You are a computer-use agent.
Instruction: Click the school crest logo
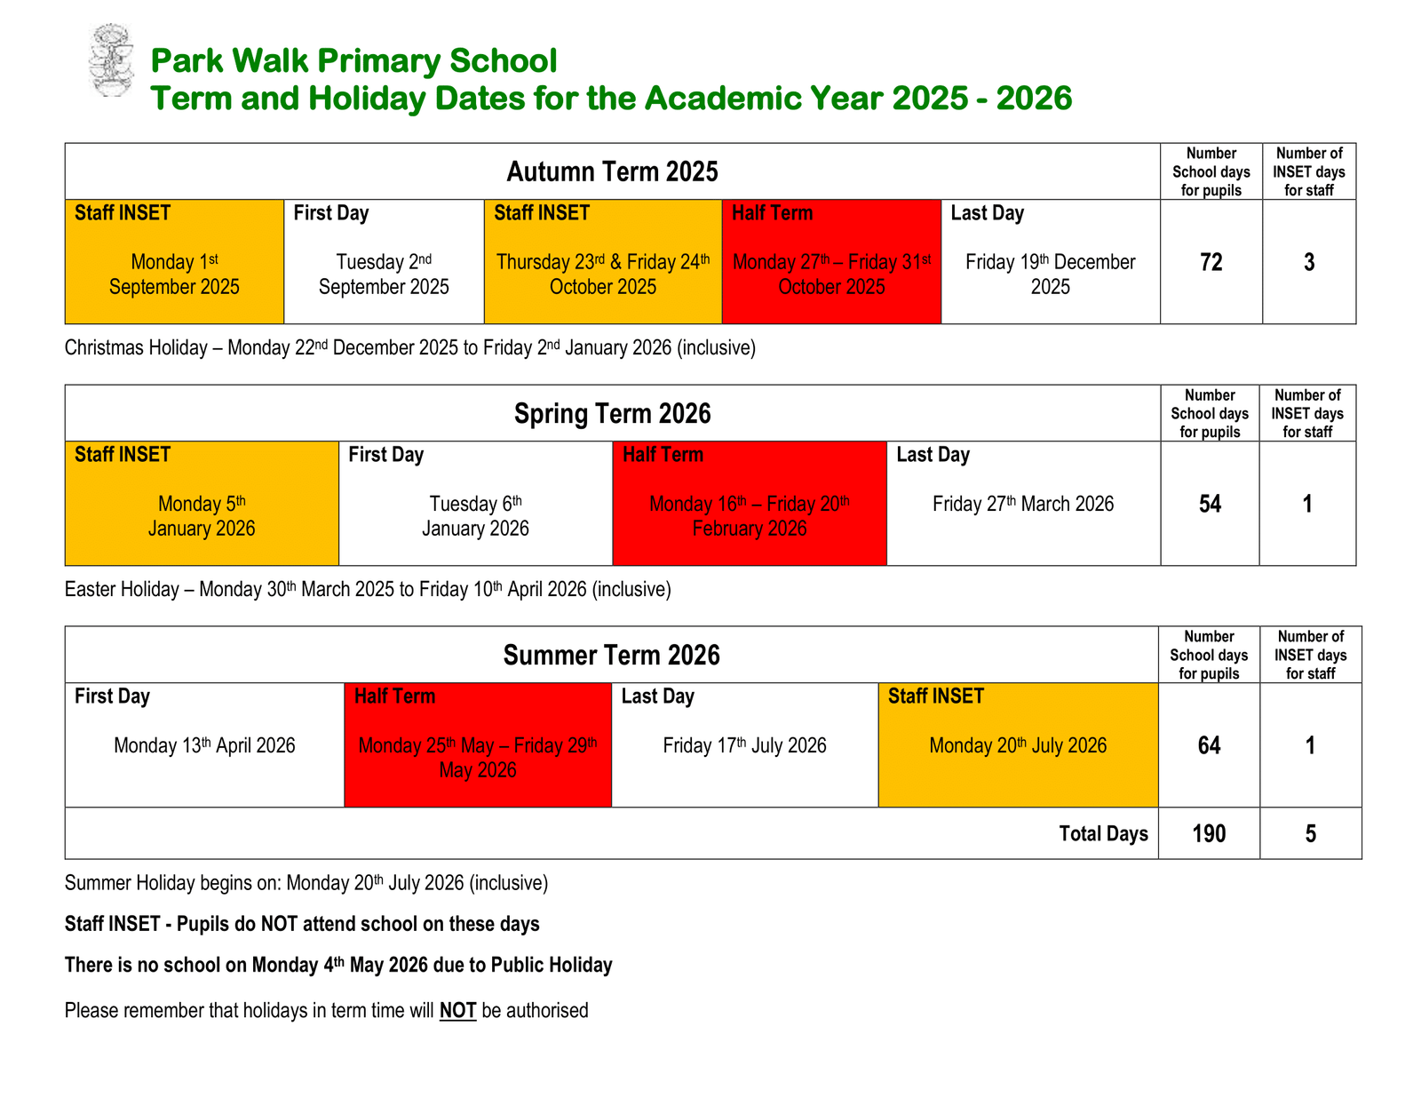pyautogui.click(x=111, y=60)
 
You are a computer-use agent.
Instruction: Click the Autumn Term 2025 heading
pyautogui.click(x=612, y=171)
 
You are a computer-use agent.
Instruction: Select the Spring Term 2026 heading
pyautogui.click(x=612, y=414)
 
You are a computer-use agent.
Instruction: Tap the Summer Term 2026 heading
pyautogui.click(x=611, y=656)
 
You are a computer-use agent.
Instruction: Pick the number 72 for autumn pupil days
pyautogui.click(x=1211, y=262)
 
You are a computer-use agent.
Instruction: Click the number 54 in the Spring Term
pyautogui.click(x=1210, y=504)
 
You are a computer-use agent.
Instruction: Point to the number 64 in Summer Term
pyautogui.click(x=1209, y=745)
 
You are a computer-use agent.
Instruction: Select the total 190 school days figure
pyautogui.click(x=1209, y=833)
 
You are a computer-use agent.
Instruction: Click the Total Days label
pyautogui.click(x=1103, y=833)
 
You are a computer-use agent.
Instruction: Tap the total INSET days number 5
pyautogui.click(x=1310, y=833)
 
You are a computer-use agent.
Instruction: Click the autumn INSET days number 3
pyautogui.click(x=1309, y=262)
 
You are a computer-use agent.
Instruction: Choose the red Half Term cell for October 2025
pyautogui.click(x=831, y=262)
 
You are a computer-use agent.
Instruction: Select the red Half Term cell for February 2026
pyautogui.click(x=749, y=504)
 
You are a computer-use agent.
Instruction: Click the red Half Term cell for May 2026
pyautogui.click(x=478, y=745)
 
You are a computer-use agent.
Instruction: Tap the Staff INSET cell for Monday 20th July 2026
pyautogui.click(x=1018, y=745)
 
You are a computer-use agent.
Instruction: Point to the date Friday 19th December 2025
pyautogui.click(x=1050, y=274)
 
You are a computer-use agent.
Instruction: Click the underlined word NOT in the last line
pyautogui.click(x=457, y=1011)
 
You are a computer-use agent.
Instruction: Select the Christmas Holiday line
pyautogui.click(x=409, y=347)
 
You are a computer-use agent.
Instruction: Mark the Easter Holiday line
pyautogui.click(x=368, y=589)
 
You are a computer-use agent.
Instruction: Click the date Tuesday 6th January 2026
pyautogui.click(x=475, y=516)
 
